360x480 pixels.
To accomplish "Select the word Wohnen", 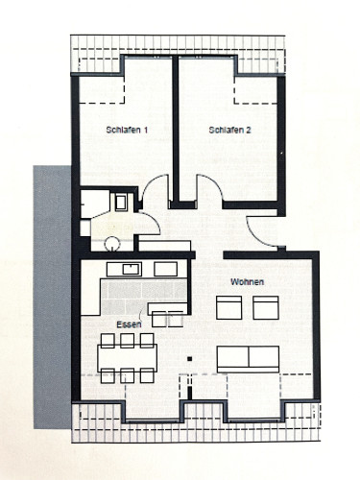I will pyautogui.click(x=247, y=281).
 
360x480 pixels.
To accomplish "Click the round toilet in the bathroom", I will pyautogui.click(x=112, y=244).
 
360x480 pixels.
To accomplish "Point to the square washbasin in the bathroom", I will pyautogui.click(x=120, y=202).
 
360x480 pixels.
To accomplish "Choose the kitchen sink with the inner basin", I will pyautogui.click(x=125, y=270).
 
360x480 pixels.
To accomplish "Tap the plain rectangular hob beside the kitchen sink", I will pyautogui.click(x=166, y=269).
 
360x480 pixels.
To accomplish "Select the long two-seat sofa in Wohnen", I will pyautogui.click(x=248, y=357).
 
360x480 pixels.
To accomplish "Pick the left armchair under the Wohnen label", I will pyautogui.click(x=229, y=307).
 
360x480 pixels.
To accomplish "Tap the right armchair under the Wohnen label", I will pyautogui.click(x=265, y=307).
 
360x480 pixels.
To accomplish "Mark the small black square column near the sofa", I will pyautogui.click(x=190, y=360).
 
